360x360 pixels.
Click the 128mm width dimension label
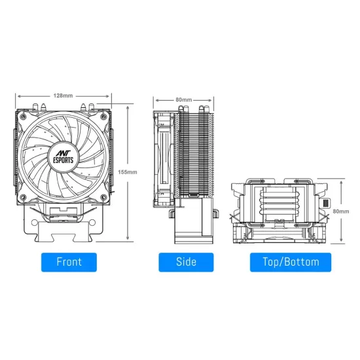pos(64,96)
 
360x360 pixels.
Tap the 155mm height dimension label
pos(128,172)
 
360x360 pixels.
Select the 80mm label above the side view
pos(183,99)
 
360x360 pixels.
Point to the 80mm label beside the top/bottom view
pos(341,212)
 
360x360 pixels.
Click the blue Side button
pos(187,262)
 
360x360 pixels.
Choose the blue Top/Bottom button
pos(291,262)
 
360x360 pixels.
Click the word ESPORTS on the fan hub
pos(64,158)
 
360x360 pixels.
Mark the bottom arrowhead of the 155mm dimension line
pos(128,240)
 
